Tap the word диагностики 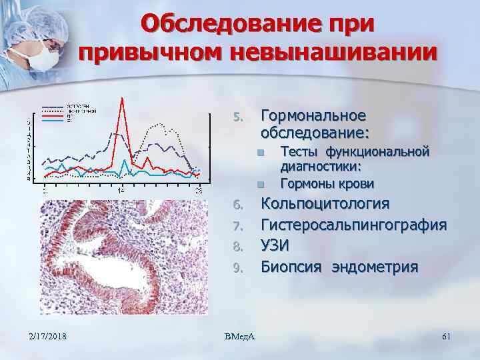point(321,167)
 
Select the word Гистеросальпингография point(353,225)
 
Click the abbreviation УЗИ point(275,246)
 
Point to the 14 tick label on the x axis point(121,190)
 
